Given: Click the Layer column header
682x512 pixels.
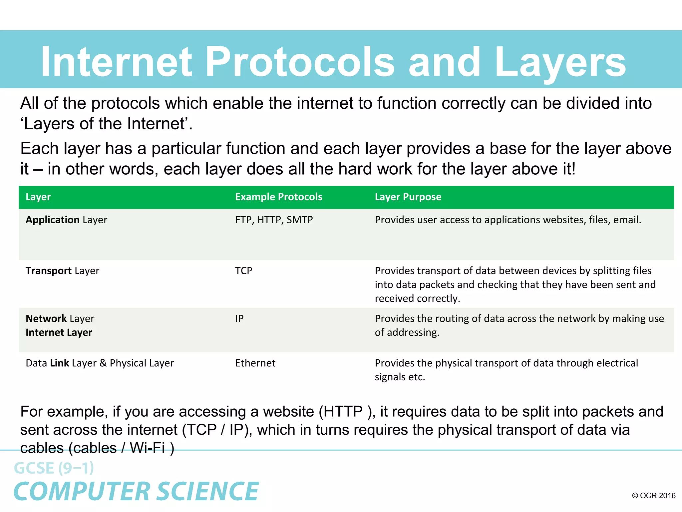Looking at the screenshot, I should click(38, 197).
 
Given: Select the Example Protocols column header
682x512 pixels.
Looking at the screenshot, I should click(279, 197).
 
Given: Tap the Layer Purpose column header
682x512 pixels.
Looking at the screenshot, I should click(408, 197).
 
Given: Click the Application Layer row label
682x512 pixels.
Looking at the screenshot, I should click(66, 220).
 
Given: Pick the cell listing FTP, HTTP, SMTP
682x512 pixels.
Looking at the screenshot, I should click(274, 220).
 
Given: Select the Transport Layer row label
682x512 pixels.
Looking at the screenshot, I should click(62, 271).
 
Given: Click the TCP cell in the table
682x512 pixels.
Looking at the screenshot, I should click(243, 271).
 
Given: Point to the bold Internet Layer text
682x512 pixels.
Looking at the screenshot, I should click(59, 333).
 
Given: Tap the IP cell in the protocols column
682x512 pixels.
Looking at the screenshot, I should click(239, 319).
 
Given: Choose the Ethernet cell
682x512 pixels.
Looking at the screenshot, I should click(255, 363).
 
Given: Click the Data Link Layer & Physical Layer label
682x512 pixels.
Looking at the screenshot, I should click(100, 363).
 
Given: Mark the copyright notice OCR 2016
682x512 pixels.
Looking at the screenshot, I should click(654, 496).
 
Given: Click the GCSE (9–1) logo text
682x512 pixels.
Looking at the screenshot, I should click(54, 468).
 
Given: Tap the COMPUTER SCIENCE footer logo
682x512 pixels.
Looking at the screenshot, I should click(136, 491).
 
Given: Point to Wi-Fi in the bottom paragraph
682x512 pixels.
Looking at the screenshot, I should click(147, 448).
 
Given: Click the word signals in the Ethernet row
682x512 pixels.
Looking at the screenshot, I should click(390, 377).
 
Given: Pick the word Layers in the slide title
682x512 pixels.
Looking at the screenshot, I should click(560, 62).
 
